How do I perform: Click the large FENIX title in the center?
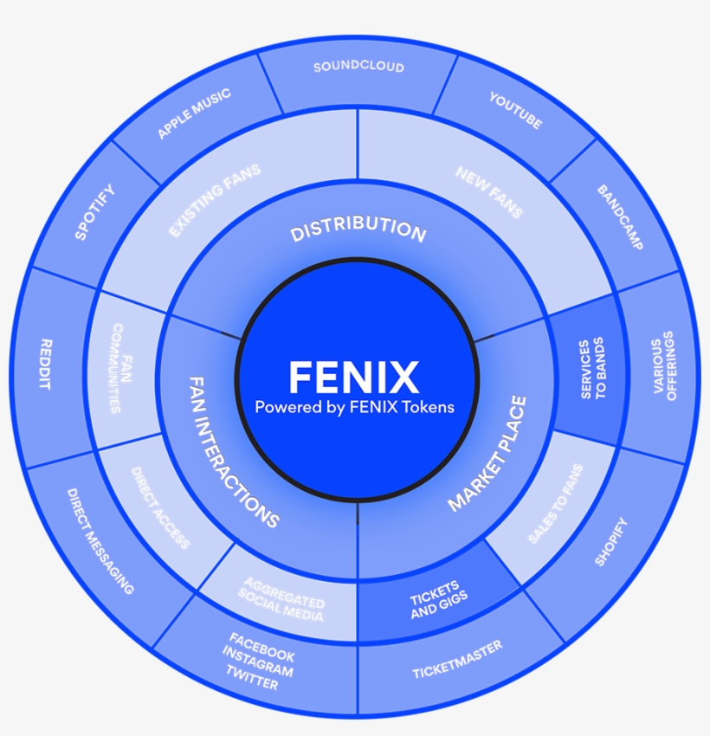tap(353, 378)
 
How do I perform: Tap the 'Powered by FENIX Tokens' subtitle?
tap(353, 407)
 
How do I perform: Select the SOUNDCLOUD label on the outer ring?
tap(358, 67)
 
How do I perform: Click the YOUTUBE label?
tap(515, 111)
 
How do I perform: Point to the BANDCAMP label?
tap(620, 217)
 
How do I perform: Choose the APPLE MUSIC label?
tap(194, 113)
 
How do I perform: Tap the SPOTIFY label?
tap(94, 212)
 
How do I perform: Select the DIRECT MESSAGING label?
tap(100, 540)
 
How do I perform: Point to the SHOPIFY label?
tap(611, 541)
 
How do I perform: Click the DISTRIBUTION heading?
tap(358, 229)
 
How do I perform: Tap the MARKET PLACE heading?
tap(487, 454)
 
